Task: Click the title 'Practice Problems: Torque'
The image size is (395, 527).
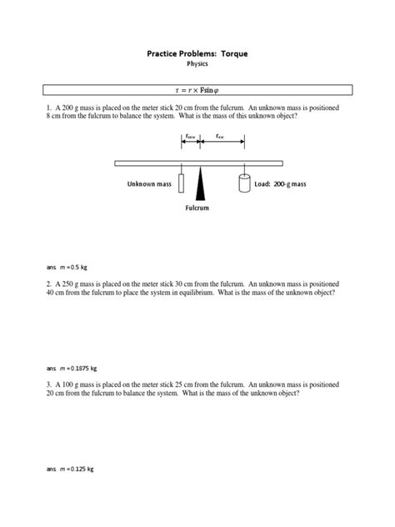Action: tap(197, 54)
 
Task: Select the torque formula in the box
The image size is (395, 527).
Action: tap(197, 90)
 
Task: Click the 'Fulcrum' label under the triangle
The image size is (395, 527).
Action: tap(197, 208)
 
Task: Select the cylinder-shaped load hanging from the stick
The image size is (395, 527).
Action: tap(245, 182)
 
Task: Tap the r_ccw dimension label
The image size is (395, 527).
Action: tap(191, 136)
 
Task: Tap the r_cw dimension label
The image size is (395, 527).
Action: tap(220, 136)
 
